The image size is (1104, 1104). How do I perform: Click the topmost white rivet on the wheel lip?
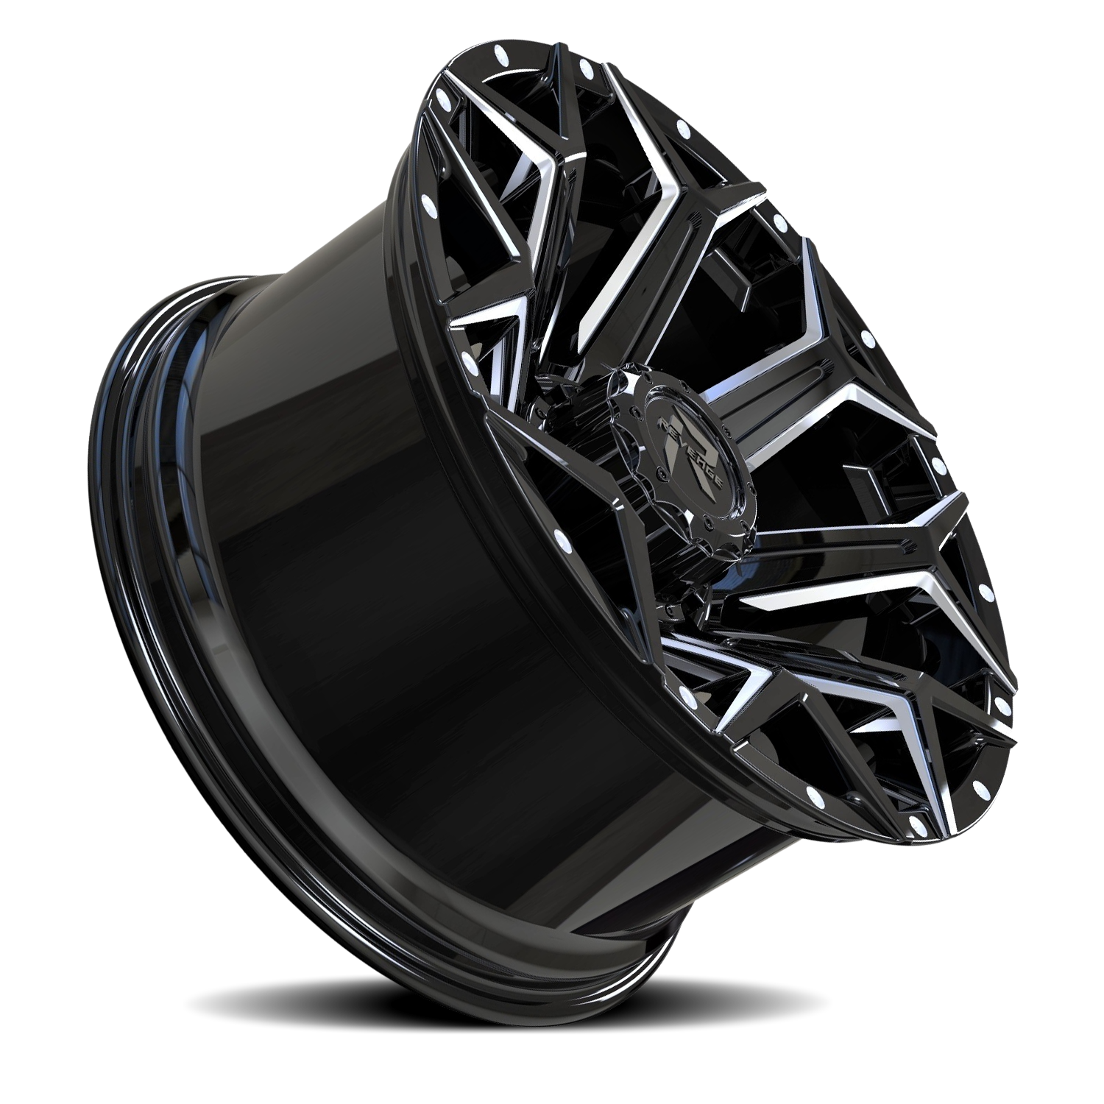(x=503, y=54)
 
